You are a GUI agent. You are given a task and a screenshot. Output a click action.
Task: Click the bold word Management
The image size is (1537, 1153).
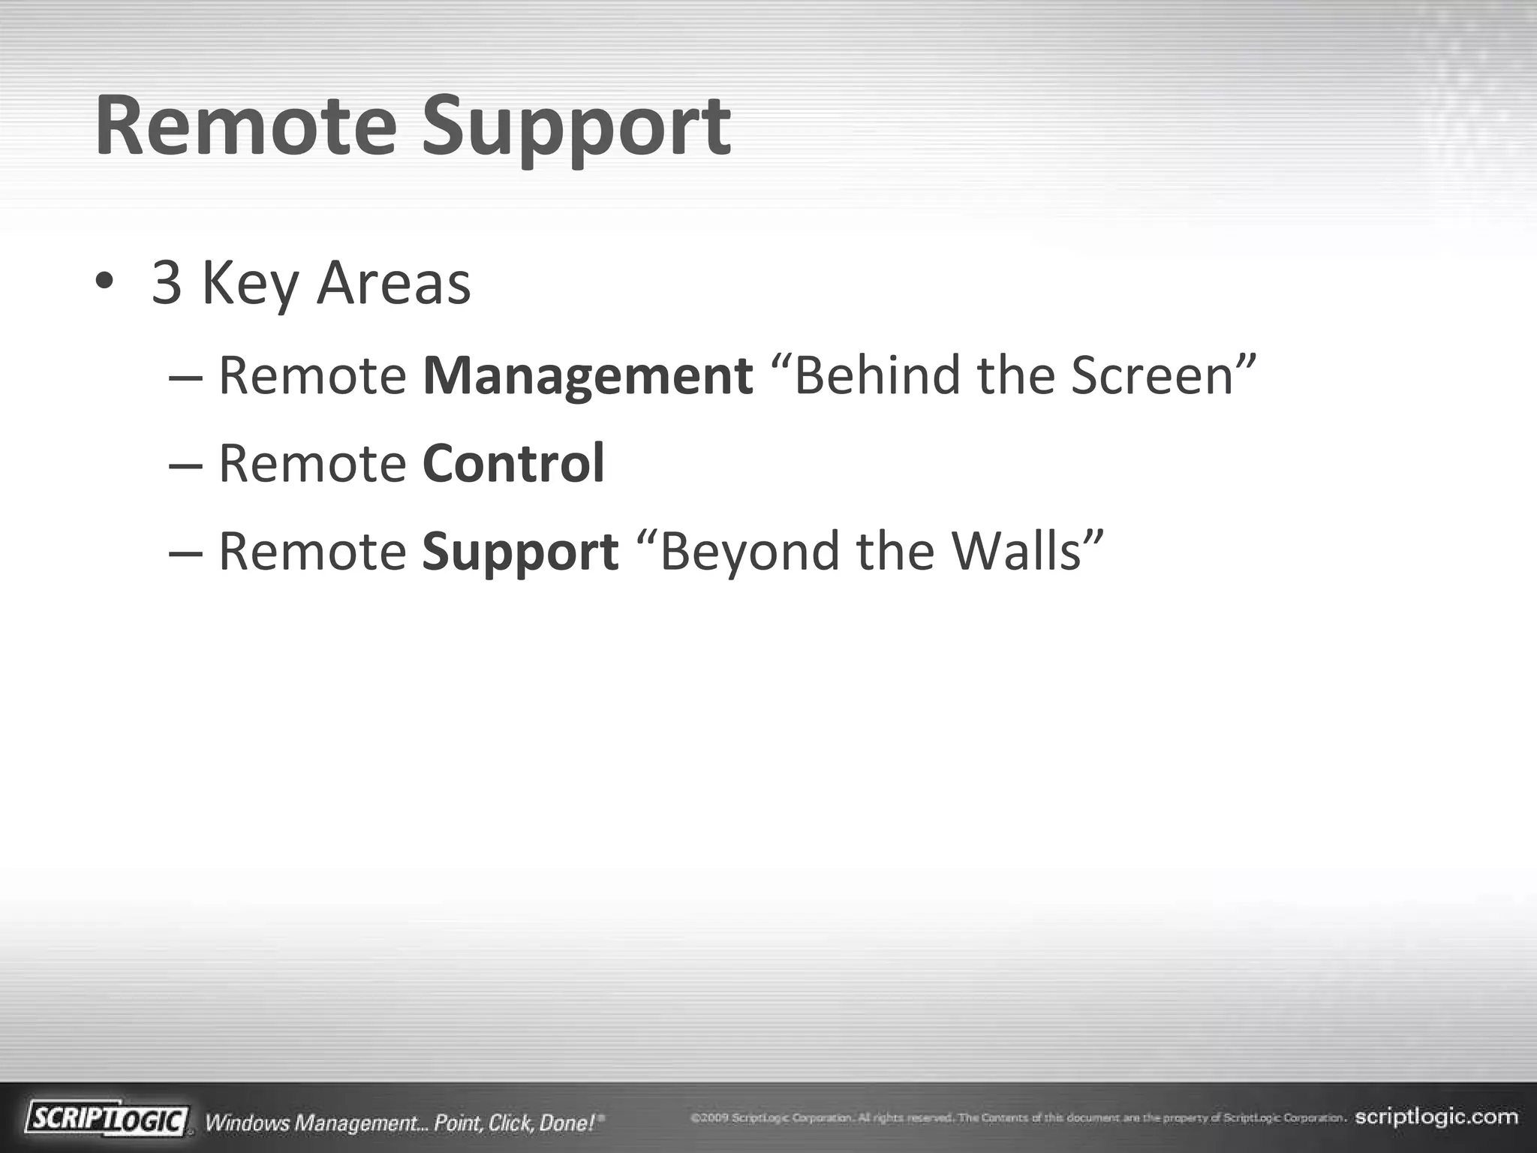pos(588,376)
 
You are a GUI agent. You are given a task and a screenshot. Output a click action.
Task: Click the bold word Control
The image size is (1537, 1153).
pos(513,463)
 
